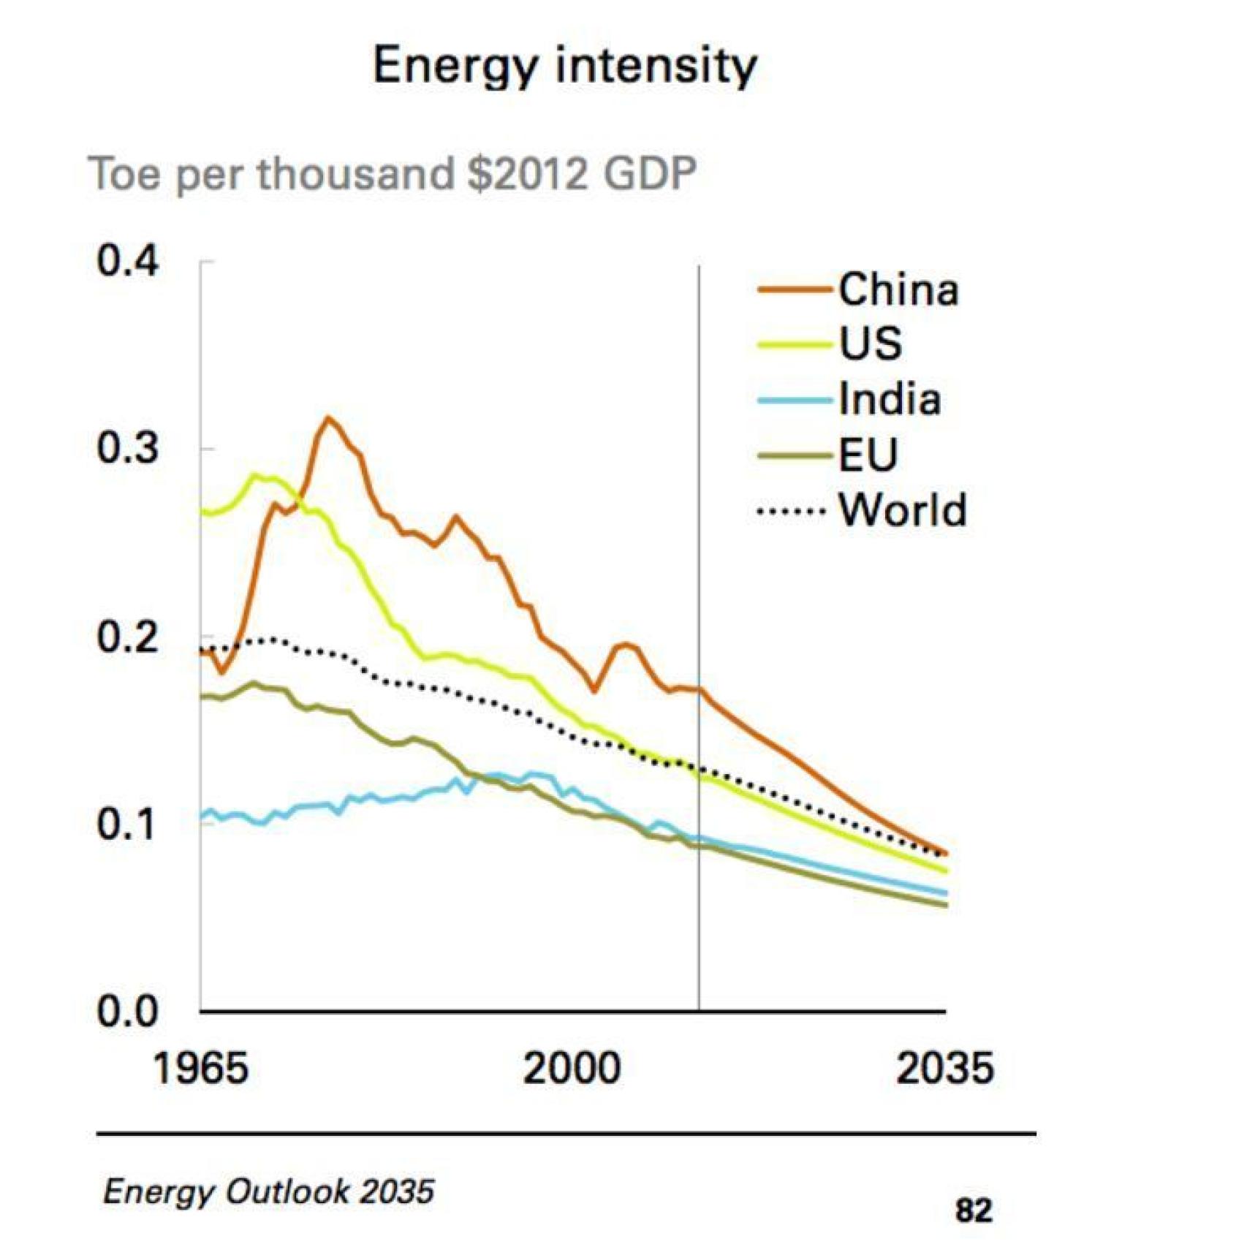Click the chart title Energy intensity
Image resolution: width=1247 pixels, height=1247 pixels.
coord(564,66)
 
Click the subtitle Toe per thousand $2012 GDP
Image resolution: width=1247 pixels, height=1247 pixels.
coord(392,174)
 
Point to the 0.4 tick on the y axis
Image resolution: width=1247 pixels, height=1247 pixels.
coord(127,261)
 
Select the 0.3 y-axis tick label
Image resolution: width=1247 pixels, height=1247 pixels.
coord(127,448)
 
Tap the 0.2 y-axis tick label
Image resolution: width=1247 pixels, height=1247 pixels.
coord(127,637)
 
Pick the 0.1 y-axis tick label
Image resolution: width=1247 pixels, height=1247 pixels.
coord(127,825)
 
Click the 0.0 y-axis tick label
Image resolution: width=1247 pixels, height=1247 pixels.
coord(127,1012)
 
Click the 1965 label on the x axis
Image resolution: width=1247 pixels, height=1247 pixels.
coord(200,1068)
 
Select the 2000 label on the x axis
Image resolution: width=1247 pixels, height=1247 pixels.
coord(572,1068)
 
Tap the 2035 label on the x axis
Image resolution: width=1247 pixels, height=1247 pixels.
coord(944,1068)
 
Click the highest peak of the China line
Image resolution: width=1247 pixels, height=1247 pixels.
coord(328,418)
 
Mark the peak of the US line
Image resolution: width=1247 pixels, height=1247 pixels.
coord(255,476)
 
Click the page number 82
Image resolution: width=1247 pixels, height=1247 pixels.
coord(973,1210)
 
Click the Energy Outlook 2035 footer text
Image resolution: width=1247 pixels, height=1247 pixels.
coord(268,1191)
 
